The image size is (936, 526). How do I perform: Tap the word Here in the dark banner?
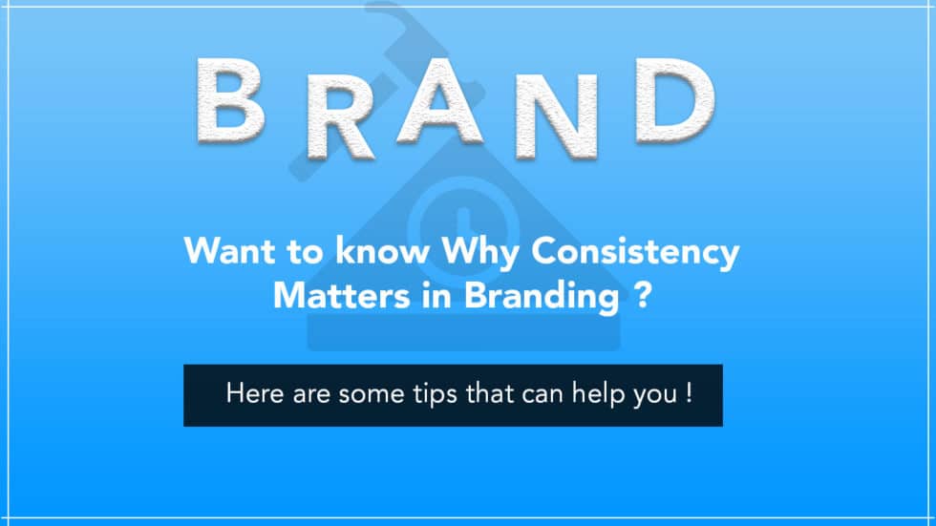click(x=251, y=393)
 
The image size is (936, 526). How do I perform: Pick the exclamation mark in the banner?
click(x=688, y=392)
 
